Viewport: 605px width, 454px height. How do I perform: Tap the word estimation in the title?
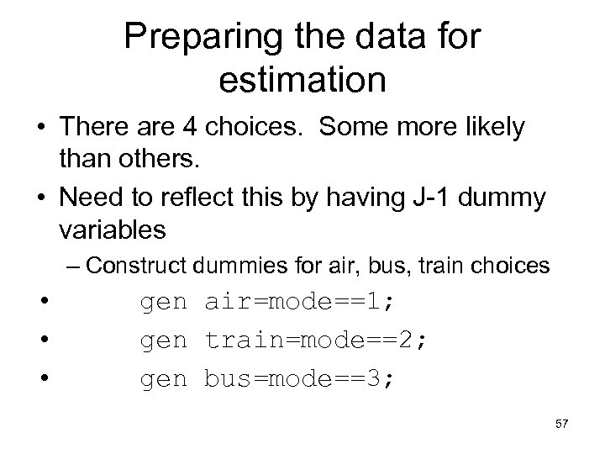point(302,80)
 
